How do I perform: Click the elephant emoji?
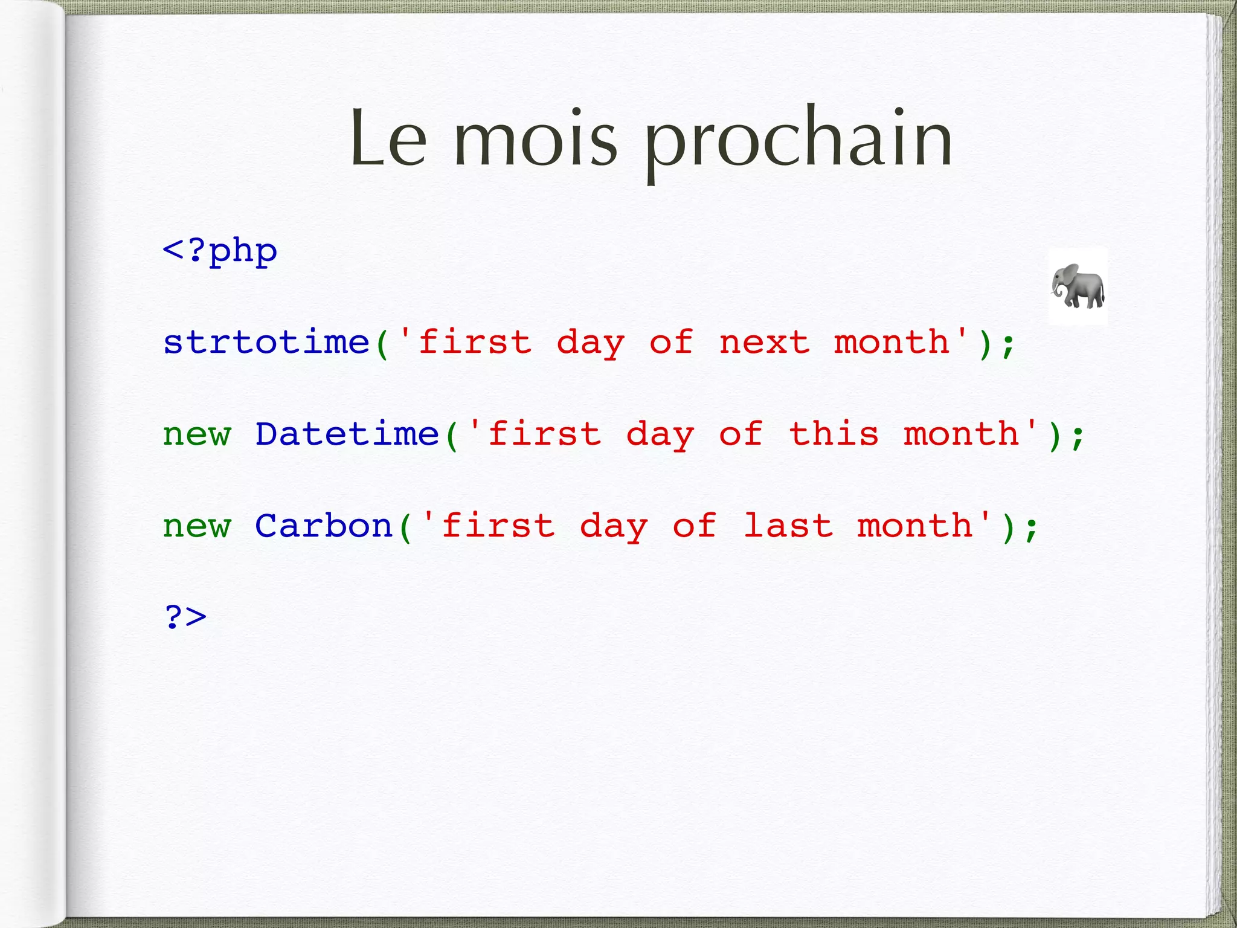1078,286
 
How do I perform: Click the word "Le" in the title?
388,138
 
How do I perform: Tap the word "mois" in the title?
535,138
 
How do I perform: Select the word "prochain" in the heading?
798,141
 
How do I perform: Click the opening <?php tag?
220,251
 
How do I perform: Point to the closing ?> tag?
185,617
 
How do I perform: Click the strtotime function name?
266,342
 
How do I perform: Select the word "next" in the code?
764,343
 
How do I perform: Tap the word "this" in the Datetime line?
834,434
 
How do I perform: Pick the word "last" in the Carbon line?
787,526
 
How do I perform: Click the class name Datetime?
347,434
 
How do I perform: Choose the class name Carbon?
324,526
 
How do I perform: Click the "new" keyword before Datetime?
197,435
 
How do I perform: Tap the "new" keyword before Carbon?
197,527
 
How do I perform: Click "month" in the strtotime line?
892,343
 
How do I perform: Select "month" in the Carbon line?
914,526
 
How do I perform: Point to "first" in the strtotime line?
475,343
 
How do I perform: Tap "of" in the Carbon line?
694,526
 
